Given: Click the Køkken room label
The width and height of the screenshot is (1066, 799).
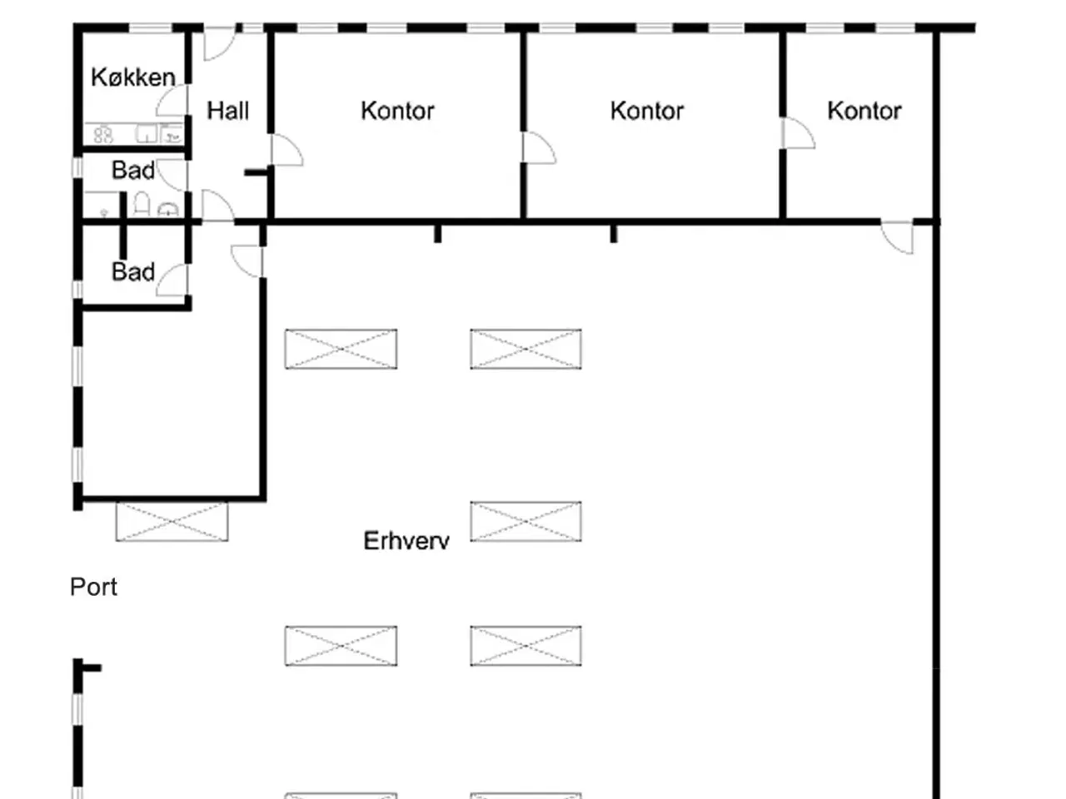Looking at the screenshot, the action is [133, 77].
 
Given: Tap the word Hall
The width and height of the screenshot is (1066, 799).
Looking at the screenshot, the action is [227, 111].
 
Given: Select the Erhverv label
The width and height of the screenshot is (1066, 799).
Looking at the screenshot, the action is [406, 540].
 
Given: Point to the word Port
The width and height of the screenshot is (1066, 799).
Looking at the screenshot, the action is [94, 587].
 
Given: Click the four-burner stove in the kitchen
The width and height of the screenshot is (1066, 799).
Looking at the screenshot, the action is [103, 134].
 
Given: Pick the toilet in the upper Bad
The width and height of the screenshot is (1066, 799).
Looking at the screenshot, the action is [142, 204].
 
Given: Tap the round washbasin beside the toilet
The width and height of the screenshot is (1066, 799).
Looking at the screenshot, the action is [168, 210].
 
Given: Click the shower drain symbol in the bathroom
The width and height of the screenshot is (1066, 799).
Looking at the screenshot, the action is [104, 212].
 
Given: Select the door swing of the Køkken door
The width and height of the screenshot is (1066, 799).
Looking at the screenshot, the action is [172, 101].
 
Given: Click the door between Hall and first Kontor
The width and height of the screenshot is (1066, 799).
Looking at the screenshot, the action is [287, 150].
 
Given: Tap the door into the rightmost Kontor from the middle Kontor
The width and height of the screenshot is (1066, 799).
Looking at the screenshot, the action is [799, 133].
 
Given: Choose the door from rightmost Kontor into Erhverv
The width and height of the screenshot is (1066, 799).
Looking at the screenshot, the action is [897, 237].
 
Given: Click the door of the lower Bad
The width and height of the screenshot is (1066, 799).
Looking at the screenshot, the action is [172, 280].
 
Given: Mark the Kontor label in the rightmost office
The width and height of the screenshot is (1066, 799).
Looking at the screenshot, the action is [864, 111].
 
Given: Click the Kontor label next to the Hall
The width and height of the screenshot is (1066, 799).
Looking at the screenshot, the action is [398, 111].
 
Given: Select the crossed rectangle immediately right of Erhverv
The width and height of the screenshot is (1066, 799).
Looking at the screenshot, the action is [526, 521].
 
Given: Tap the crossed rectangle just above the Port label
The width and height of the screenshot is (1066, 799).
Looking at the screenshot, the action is [172, 521].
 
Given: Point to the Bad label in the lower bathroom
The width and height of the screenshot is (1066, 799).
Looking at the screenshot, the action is [133, 271].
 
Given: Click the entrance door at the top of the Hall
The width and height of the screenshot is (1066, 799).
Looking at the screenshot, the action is [220, 43].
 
